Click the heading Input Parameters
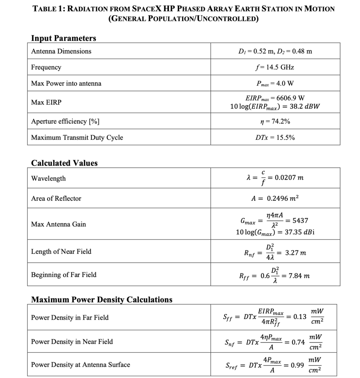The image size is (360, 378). click(63, 38)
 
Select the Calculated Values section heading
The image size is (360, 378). click(64, 163)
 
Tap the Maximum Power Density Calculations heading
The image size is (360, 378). click(102, 299)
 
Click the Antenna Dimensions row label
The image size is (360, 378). click(61, 51)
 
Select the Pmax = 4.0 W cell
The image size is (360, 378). click(275, 83)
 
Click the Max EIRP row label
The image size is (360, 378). click(46, 102)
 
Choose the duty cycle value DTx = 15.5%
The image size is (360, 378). click(275, 138)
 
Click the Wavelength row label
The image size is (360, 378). click(48, 178)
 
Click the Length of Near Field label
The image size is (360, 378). click(61, 251)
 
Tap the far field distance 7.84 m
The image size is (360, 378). click(299, 276)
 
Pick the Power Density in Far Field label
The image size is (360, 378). click(70, 317)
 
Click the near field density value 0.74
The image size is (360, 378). click(298, 342)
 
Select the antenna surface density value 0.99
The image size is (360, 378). click(297, 366)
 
